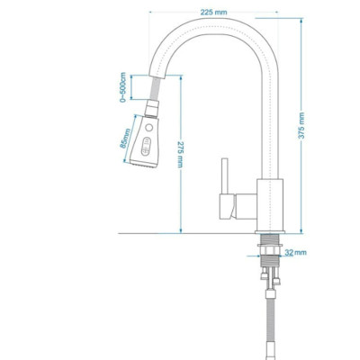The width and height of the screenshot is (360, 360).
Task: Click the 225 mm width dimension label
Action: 212,13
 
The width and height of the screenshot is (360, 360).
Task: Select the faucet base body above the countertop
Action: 271,204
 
